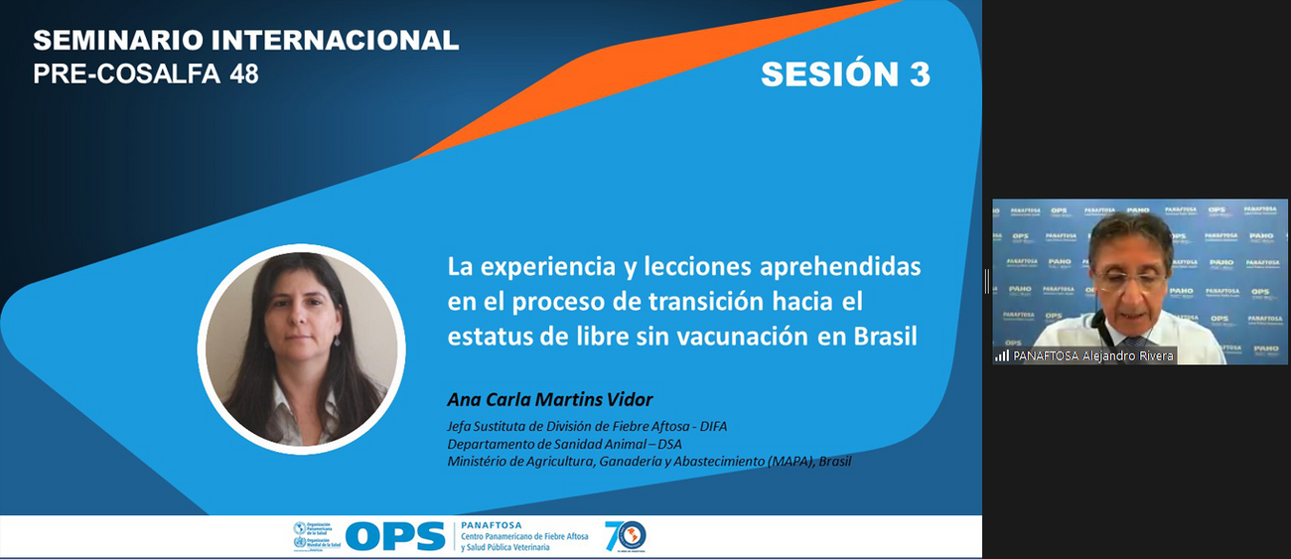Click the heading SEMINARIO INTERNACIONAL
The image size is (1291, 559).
pyautogui.click(x=245, y=41)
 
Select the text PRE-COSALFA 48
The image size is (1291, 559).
pyautogui.click(x=146, y=73)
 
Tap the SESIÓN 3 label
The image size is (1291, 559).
pyautogui.click(x=845, y=74)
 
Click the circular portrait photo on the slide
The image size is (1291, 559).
pyautogui.click(x=301, y=349)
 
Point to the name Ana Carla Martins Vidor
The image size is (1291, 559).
pyautogui.click(x=550, y=400)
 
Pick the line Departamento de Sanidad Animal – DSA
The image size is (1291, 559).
pyautogui.click(x=564, y=444)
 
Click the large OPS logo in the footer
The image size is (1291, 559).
pyautogui.click(x=394, y=537)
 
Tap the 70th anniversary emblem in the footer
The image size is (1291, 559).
pyautogui.click(x=625, y=536)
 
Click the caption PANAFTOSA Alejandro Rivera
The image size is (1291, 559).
pyautogui.click(x=1093, y=355)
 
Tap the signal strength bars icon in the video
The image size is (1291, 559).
pyautogui.click(x=1002, y=355)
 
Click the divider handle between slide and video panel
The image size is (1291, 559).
pyautogui.click(x=986, y=281)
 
